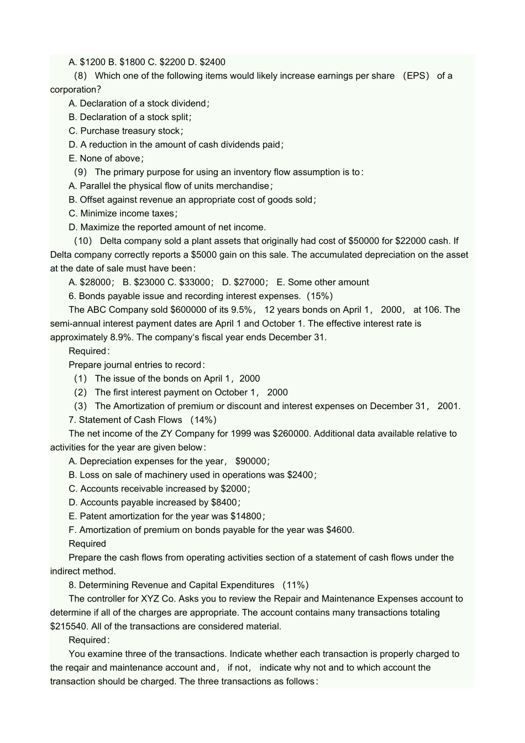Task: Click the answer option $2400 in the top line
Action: click(212, 62)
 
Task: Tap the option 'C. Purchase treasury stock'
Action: click(126, 131)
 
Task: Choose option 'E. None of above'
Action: click(106, 159)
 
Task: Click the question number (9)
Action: click(81, 172)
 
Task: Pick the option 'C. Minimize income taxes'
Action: click(123, 213)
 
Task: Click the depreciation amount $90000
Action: click(252, 462)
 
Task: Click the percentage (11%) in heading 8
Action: click(296, 585)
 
